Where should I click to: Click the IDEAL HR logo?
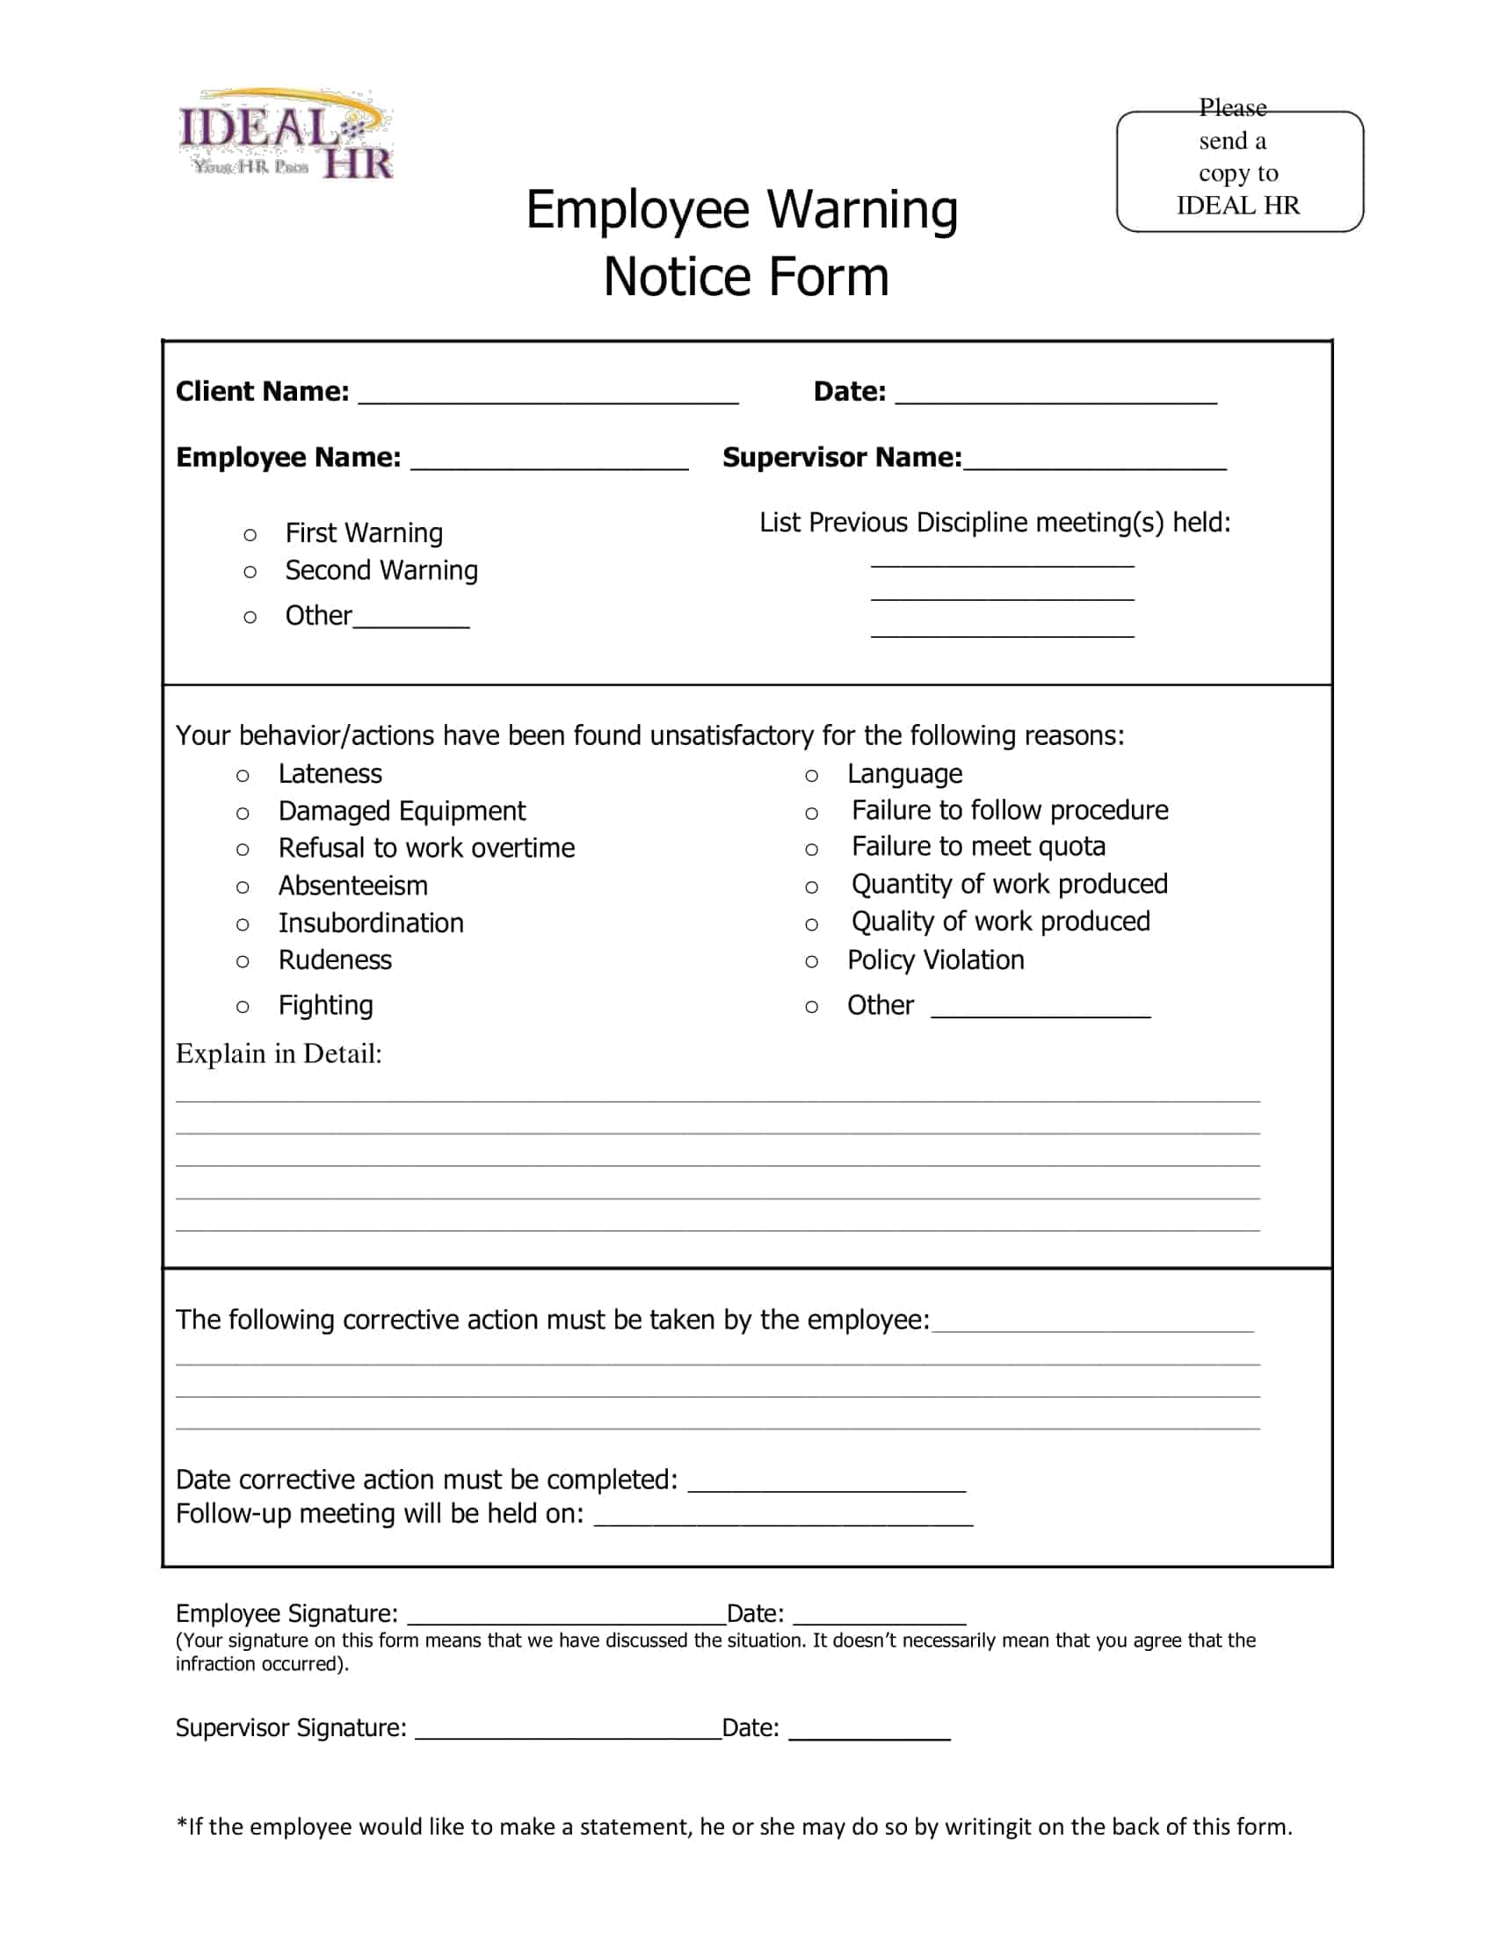pyautogui.click(x=285, y=135)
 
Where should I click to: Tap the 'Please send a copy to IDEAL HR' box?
pyautogui.click(x=1239, y=170)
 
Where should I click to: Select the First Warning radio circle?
pyautogui.click(x=250, y=535)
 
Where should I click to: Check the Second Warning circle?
pyautogui.click(x=250, y=573)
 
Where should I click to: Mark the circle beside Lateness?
pyautogui.click(x=243, y=776)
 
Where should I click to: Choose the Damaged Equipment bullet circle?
pyautogui.click(x=243, y=814)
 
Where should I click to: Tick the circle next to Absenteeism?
pyautogui.click(x=243, y=887)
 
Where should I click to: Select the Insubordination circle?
pyautogui.click(x=243, y=925)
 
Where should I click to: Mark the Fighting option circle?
pyautogui.click(x=243, y=1007)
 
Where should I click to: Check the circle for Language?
pyautogui.click(x=812, y=776)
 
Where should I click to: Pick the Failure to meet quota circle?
pyautogui.click(x=812, y=850)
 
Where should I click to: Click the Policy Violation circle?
pyautogui.click(x=812, y=962)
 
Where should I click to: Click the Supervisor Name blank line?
pyautogui.click(x=1095, y=461)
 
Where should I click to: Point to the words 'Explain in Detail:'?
pyautogui.click(x=279, y=1054)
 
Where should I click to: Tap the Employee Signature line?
pyautogui.click(x=567, y=1616)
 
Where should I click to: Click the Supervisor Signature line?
pyautogui.click(x=569, y=1731)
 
